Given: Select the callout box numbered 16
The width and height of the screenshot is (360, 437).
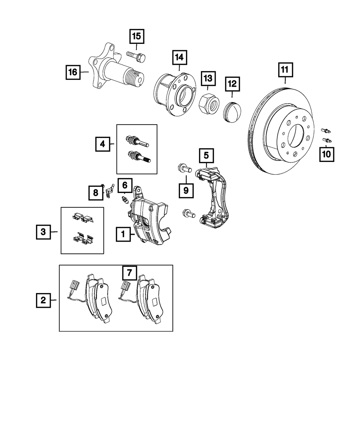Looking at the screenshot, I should pos(73,72).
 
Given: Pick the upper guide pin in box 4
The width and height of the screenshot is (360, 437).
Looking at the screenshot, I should pos(137,141).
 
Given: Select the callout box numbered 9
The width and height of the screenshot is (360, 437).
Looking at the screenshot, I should pos(186,190).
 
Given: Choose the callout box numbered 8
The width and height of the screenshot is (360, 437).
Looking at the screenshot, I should pos(96,193).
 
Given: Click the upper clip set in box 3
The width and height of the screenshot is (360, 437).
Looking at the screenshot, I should pos(82,217).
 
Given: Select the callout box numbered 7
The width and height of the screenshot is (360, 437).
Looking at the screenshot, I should pos(130,273).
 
